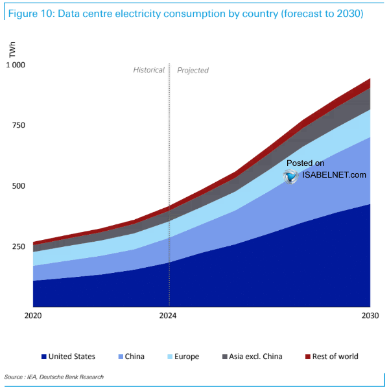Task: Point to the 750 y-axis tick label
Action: coord(18,125)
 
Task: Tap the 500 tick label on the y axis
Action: coord(18,186)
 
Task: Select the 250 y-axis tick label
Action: coord(18,247)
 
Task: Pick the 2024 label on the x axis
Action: coord(169,316)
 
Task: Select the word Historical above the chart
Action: coord(149,70)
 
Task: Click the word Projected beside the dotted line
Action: coord(193,70)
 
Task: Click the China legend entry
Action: coord(135,357)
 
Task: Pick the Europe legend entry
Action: coord(186,357)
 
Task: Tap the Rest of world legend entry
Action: coord(335,357)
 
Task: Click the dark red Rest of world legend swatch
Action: coord(308,357)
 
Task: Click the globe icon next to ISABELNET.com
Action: coord(290,176)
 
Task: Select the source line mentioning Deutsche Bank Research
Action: coord(54,377)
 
